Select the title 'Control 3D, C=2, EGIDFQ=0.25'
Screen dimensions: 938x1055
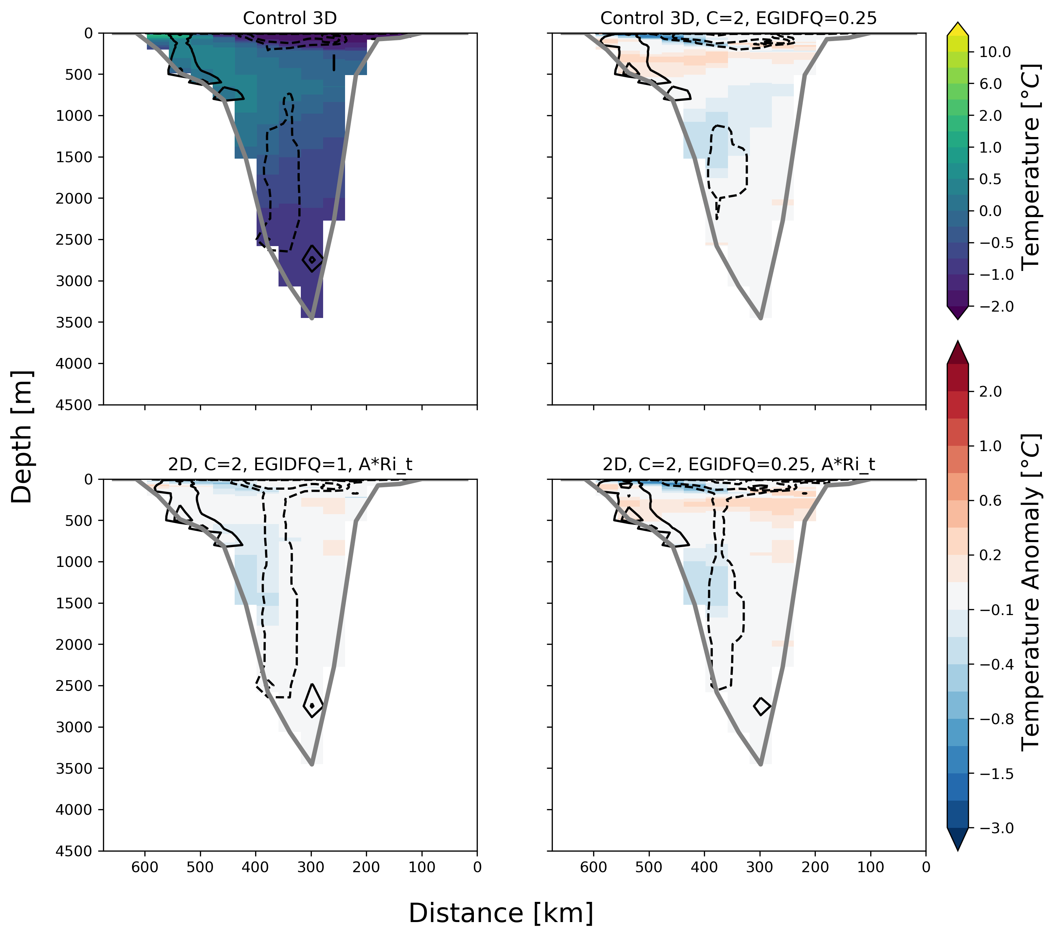click(738, 18)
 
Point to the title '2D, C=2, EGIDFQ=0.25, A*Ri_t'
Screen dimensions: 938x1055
click(738, 464)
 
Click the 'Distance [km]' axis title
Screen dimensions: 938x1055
click(501, 913)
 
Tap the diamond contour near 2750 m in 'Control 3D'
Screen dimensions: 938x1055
click(312, 259)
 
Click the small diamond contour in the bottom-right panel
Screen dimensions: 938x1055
click(762, 706)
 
